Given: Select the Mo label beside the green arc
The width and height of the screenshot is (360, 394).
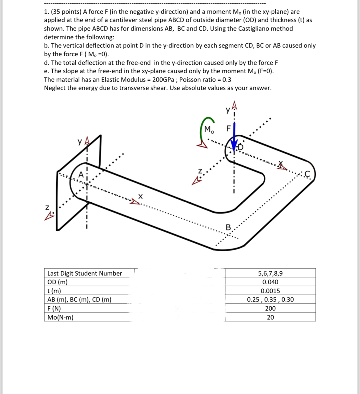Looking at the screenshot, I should (209, 129).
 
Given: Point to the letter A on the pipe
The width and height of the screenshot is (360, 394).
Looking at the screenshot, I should (81, 174).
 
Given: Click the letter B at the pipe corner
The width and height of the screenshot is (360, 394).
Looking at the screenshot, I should (228, 228).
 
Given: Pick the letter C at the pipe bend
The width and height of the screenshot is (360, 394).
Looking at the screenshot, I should (306, 174).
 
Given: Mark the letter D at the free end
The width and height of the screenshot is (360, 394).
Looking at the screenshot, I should (240, 147).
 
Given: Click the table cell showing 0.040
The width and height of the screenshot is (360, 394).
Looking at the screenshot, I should (270, 282).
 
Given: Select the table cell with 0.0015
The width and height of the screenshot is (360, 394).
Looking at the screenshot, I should (270, 291).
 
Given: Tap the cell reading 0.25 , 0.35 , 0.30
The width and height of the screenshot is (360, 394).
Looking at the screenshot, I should (270, 300).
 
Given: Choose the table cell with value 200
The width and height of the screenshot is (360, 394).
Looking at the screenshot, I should (270, 308).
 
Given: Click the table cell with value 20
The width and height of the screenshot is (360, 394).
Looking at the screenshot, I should (270, 317).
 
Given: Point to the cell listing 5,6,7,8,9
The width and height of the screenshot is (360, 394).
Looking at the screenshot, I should (270, 273).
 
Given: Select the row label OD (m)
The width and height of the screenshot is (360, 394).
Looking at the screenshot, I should (58, 282).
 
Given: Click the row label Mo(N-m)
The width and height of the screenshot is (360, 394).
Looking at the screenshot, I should (60, 317).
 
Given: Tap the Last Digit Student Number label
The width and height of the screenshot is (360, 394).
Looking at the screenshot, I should (85, 273).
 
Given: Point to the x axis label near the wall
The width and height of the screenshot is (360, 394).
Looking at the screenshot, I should (141, 196).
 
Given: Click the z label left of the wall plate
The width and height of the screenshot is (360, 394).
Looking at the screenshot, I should (47, 208).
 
